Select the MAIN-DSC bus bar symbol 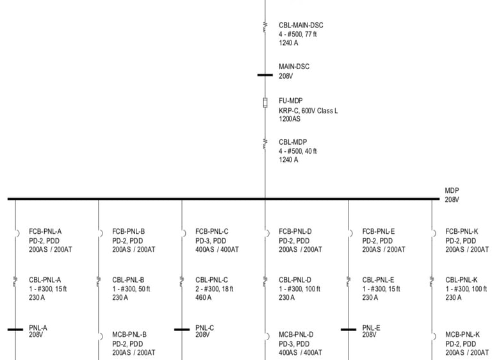(265, 75)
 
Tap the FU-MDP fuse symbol (265, 103)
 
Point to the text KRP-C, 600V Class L (308, 111)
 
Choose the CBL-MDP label (293, 142)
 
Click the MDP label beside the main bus (452, 191)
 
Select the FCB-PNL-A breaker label (45, 231)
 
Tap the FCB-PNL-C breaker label (212, 231)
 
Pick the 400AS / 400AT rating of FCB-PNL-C (217, 249)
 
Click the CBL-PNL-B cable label (128, 280)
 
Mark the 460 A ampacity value (204, 298)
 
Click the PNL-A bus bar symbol (15, 330)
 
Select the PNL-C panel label (204, 328)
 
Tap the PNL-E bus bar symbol (348, 330)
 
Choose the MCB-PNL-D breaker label (295, 335)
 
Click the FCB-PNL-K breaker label (463, 231)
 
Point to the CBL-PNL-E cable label (378, 280)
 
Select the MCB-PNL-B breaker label (129, 335)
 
